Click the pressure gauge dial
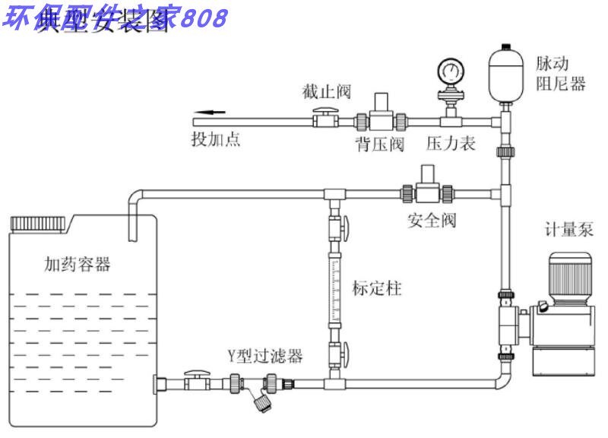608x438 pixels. (449, 72)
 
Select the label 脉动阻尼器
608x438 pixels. (562, 74)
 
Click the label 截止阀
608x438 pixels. (326, 92)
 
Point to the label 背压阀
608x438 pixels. (380, 143)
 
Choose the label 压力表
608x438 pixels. (451, 143)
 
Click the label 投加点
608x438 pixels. (216, 140)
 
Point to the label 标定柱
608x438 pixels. (377, 289)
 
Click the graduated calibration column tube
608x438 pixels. (335, 290)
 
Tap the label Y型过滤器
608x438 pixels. (265, 355)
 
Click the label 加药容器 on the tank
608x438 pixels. (78, 265)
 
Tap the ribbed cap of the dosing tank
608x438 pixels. (40, 224)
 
